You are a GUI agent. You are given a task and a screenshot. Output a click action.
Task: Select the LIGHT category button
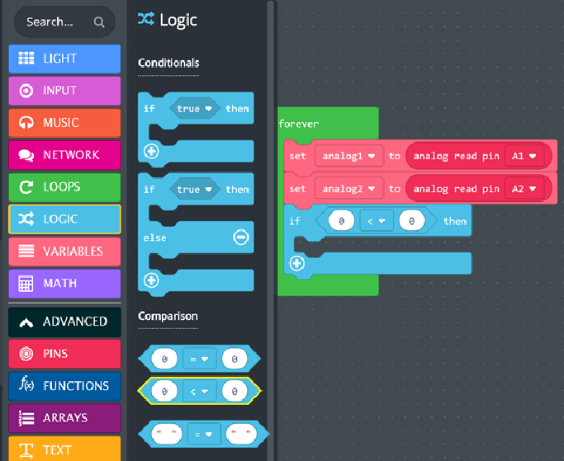(64, 59)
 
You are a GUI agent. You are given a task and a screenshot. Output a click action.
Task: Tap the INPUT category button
(64, 91)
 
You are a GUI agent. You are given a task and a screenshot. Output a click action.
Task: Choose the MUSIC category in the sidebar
(64, 123)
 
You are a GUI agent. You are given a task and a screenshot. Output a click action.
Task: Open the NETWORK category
(64, 155)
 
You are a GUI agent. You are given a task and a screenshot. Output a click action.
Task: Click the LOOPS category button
(64, 187)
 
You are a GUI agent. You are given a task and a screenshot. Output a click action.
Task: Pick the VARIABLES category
(64, 252)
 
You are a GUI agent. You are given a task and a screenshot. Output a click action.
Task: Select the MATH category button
(64, 284)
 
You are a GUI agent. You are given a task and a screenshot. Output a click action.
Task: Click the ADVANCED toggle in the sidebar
(64, 322)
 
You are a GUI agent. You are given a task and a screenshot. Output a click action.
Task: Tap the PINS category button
(64, 354)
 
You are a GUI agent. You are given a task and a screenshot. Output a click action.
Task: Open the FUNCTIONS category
(64, 386)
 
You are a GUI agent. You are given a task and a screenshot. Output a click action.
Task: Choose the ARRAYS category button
(64, 418)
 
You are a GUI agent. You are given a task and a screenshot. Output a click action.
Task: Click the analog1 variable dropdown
(349, 156)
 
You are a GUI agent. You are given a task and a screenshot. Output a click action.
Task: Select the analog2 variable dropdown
(349, 189)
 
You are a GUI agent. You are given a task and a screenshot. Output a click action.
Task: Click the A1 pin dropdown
(524, 156)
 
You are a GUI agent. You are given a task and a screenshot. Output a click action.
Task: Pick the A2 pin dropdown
(524, 189)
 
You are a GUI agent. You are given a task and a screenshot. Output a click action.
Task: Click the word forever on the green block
(299, 124)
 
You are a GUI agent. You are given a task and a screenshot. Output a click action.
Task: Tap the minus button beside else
(240, 238)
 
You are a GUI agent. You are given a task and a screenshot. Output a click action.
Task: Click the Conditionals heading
(168, 63)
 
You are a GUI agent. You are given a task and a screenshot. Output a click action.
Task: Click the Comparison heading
(168, 316)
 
